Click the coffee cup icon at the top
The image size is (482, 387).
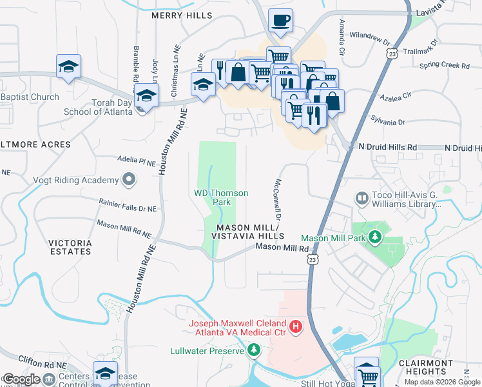point(280,21)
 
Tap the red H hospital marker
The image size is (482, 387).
point(296,327)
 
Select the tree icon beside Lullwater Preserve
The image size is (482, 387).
point(254,350)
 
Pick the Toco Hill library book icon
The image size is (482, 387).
point(361,197)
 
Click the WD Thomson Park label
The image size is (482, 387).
point(221,197)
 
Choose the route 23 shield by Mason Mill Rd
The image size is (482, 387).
point(313,259)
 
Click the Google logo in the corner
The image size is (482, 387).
point(21,379)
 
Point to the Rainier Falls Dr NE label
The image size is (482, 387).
point(128,204)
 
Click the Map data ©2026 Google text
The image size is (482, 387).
point(441,382)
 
